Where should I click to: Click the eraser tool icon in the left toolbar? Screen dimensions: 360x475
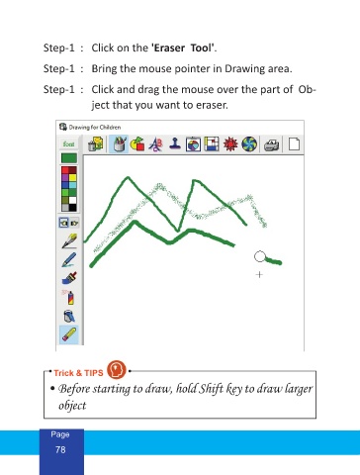point(69,334)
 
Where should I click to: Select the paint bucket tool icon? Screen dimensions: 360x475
point(69,316)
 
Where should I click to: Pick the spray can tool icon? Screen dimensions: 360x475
point(69,297)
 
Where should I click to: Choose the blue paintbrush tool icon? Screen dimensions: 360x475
point(69,278)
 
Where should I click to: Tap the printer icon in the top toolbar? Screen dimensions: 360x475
point(272,144)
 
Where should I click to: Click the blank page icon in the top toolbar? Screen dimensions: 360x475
point(294,144)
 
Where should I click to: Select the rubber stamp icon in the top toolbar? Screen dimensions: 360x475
point(175,143)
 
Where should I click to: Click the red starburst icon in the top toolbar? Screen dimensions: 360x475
point(230,144)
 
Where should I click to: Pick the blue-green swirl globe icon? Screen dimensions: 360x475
point(249,144)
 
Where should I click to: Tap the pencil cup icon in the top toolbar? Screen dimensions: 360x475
point(119,144)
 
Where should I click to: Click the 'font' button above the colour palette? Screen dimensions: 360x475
point(68,144)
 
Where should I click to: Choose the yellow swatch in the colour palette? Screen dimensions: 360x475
point(72,177)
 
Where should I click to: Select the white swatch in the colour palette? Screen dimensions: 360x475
point(72,200)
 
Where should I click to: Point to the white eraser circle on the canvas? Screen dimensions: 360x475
point(260,256)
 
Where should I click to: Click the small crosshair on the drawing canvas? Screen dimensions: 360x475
point(259,274)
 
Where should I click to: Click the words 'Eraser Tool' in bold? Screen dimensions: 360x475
point(182,48)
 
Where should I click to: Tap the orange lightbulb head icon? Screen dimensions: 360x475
point(117,369)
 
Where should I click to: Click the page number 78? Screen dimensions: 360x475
point(60,449)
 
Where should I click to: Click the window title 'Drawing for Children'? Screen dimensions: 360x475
point(95,128)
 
